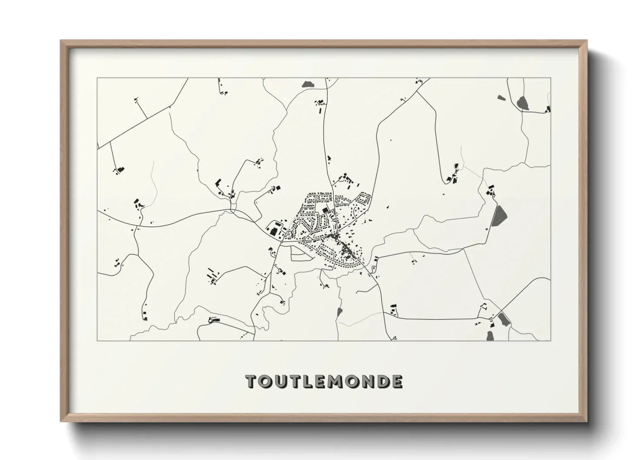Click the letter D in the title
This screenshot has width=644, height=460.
[x=383, y=381]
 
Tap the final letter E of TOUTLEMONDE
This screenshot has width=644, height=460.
[x=397, y=381]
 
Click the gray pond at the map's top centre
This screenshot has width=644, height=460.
[x=308, y=83]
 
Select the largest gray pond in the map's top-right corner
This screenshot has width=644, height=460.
[x=522, y=103]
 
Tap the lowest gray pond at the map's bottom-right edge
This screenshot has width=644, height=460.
[x=490, y=336]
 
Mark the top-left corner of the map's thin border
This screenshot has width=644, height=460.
[x=97, y=78]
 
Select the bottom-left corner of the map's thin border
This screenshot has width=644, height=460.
[x=97, y=340]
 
